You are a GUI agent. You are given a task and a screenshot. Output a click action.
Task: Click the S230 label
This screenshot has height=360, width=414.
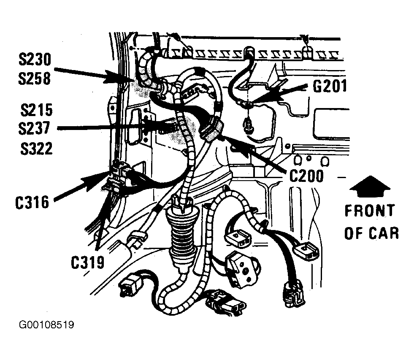coord(35,60)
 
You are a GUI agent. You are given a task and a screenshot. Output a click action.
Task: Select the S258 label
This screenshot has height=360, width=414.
coord(34,78)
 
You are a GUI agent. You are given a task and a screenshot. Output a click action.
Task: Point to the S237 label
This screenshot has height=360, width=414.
coord(34,128)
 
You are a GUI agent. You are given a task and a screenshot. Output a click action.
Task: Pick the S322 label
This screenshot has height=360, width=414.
coord(37,149)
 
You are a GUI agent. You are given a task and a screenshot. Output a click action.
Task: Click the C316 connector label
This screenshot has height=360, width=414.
coord(32,203)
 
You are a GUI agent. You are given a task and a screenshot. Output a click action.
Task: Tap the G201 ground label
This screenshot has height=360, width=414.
coord(330,87)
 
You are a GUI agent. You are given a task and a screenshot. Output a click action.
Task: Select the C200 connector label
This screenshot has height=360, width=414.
coord(306,176)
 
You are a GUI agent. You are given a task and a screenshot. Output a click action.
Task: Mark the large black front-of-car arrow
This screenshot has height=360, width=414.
coord(370,186)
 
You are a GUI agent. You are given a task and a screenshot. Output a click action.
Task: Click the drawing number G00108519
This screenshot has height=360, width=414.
coord(46,325)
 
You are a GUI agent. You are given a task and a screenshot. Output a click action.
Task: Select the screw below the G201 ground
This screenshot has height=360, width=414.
coord(248,127)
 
